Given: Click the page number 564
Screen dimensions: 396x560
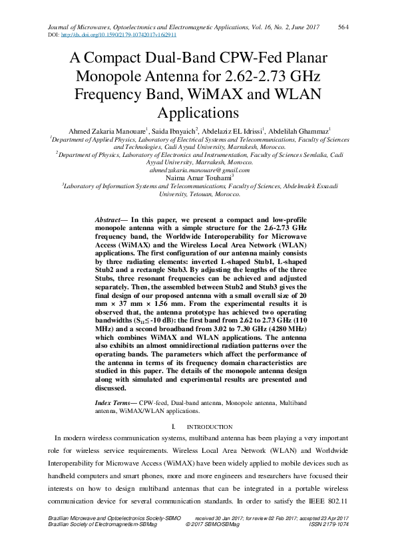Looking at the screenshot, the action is point(344,27).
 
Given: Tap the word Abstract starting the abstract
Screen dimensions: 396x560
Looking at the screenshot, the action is point(108,219).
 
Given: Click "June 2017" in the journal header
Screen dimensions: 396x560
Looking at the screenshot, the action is point(302,27).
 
